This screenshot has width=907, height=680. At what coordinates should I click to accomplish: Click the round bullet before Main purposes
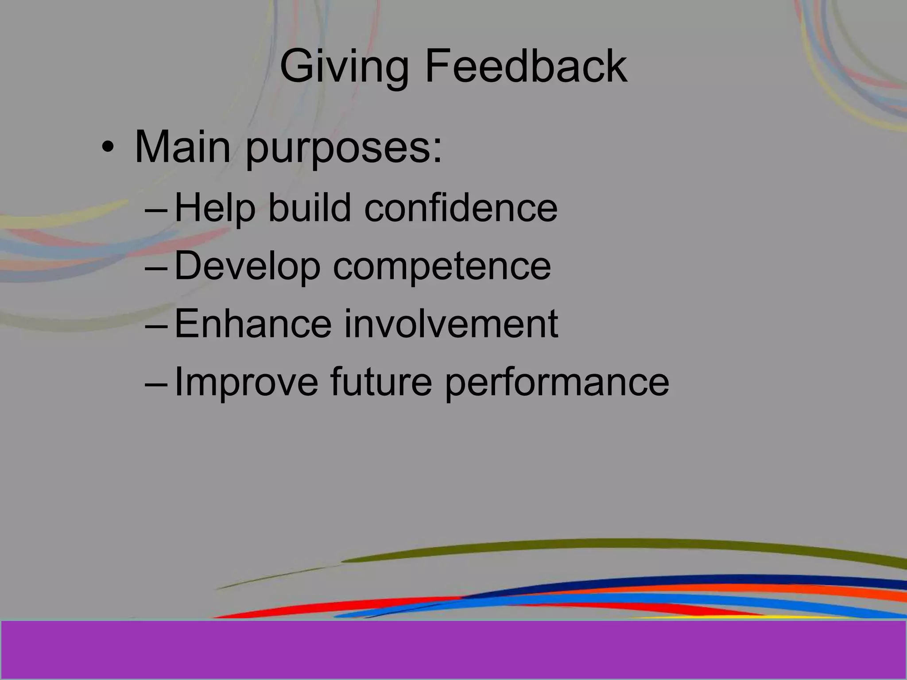(x=107, y=148)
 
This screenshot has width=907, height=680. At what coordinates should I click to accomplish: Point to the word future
(x=381, y=382)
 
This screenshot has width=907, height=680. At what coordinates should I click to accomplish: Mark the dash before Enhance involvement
(x=156, y=327)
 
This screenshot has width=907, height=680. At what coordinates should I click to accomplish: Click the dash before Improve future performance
(x=156, y=385)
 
